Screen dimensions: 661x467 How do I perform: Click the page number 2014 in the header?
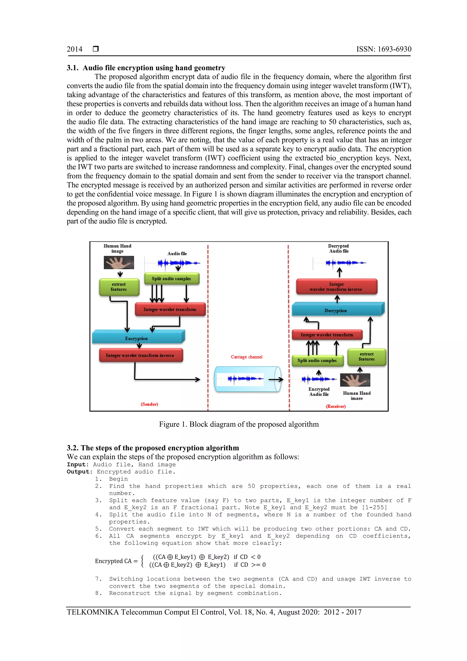click(75, 49)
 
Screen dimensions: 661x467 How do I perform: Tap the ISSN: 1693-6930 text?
click(384, 49)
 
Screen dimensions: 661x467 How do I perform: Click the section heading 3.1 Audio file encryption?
click(146, 68)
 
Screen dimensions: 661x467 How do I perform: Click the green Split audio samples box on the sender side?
click(171, 279)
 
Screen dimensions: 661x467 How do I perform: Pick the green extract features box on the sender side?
click(119, 287)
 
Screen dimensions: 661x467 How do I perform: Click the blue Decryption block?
click(336, 310)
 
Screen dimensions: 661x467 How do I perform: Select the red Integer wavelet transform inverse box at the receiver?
click(336, 286)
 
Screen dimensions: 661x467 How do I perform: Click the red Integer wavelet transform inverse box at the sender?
click(140, 355)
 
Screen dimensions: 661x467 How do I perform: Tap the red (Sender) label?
click(149, 404)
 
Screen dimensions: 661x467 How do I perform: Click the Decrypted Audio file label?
click(338, 248)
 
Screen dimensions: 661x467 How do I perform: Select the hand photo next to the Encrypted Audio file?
click(355, 380)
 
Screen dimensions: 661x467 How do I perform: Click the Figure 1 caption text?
click(239, 424)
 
